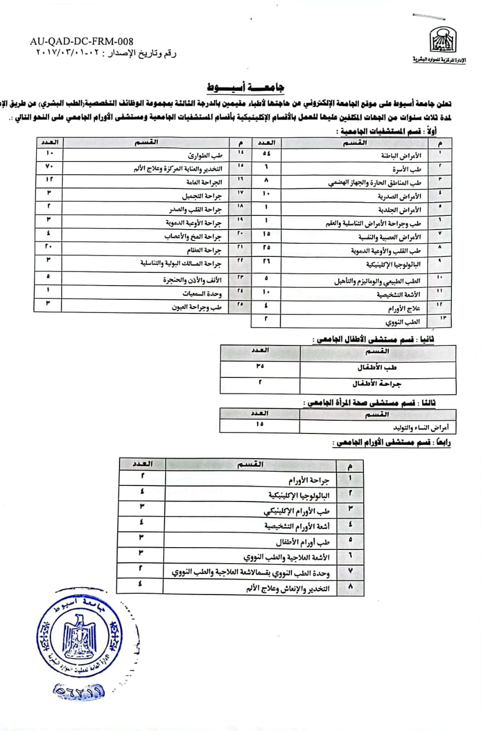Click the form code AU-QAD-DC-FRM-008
pos(82,42)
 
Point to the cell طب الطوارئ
pos(205,155)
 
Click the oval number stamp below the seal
pos(80,691)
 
